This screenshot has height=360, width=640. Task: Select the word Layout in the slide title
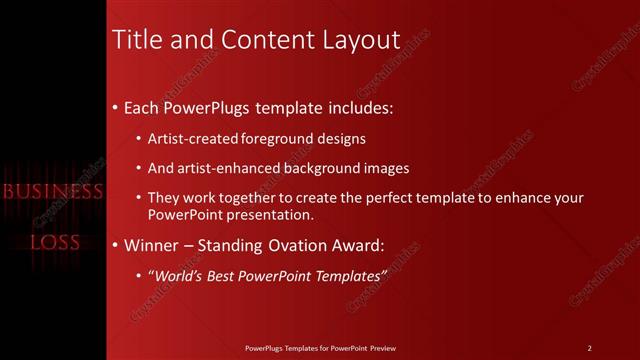click(x=357, y=39)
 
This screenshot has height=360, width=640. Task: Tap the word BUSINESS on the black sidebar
click(x=53, y=191)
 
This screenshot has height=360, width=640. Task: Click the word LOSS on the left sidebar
click(x=54, y=242)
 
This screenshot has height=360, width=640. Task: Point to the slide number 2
click(x=589, y=347)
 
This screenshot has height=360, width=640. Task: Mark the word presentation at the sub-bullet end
click(x=270, y=214)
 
